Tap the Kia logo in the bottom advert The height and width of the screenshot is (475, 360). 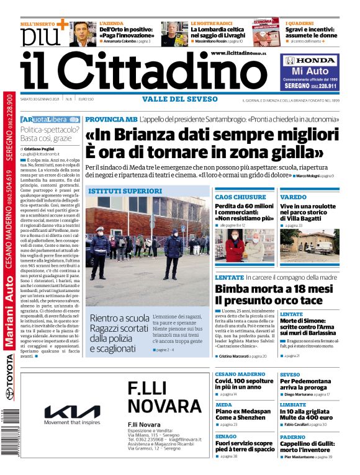[71, 411]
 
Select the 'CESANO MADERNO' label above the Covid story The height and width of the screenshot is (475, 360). [240, 375]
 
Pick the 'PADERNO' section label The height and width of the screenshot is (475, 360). [292, 437]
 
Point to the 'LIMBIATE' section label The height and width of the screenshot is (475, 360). [293, 404]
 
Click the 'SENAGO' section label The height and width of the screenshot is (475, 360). [226, 437]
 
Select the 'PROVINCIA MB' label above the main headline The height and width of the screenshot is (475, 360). [110, 118]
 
